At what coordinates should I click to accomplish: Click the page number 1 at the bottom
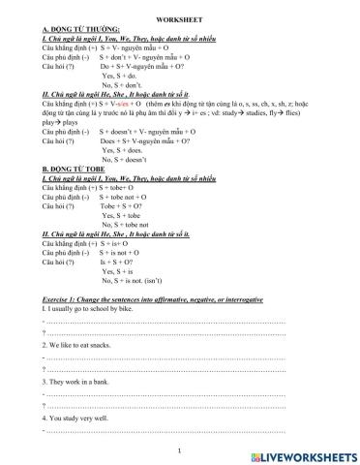(x=180, y=450)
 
